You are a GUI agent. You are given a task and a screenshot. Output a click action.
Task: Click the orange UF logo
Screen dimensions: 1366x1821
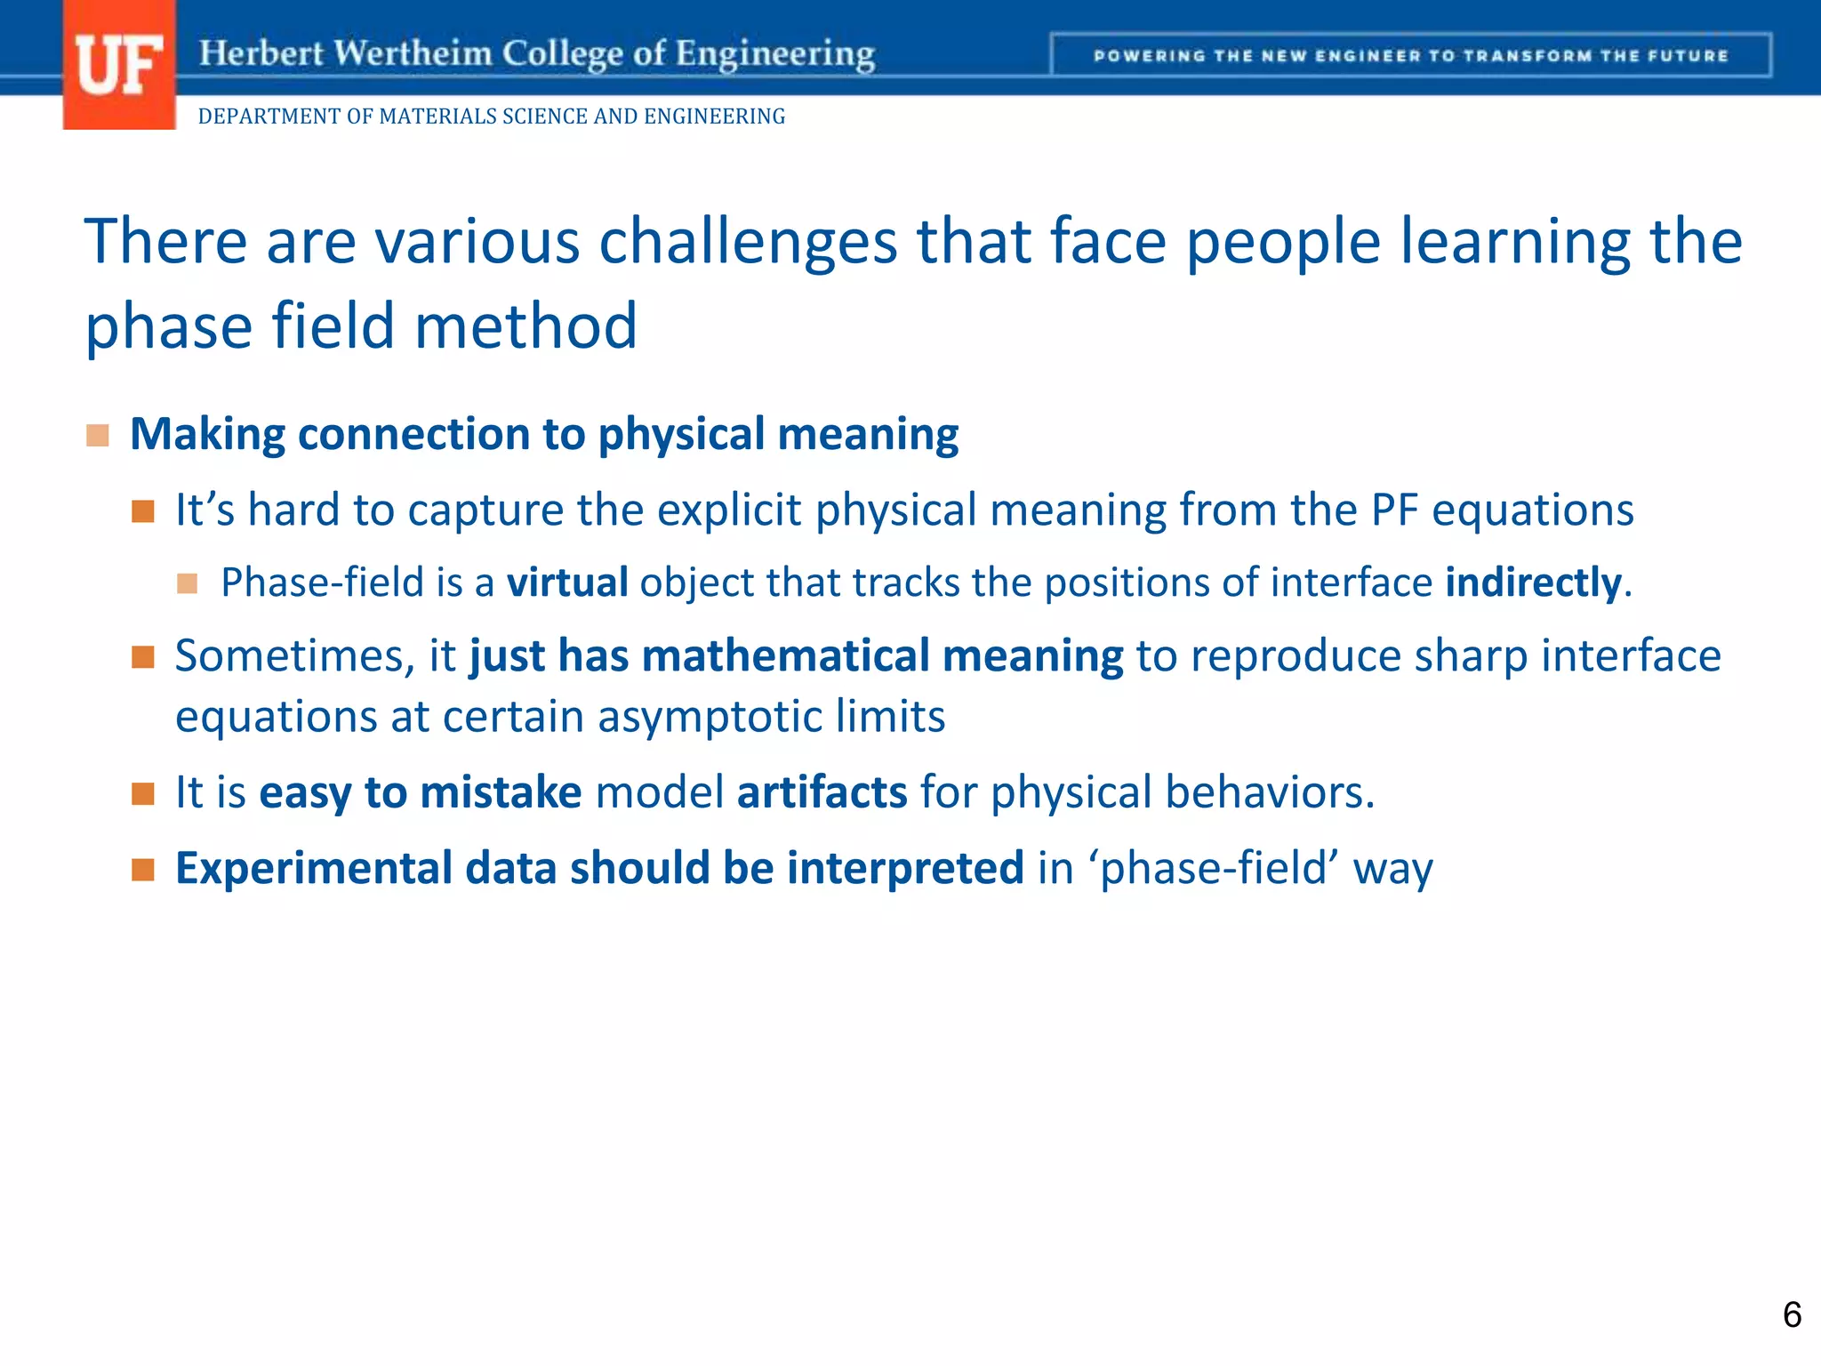(119, 66)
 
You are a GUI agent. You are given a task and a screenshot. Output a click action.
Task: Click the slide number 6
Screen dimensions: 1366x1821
(1792, 1314)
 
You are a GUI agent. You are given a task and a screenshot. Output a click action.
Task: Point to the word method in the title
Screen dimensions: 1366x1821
(525, 326)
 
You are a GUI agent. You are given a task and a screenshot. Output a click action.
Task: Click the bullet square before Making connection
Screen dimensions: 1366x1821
(98, 436)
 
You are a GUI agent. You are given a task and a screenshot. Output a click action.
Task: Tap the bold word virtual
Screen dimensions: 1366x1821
(567, 583)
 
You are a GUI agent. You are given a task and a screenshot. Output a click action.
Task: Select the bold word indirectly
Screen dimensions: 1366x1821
(1533, 583)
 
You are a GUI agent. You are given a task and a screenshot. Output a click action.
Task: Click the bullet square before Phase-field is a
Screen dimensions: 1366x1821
(187, 584)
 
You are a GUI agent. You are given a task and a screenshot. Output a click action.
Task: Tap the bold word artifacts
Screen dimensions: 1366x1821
(822, 792)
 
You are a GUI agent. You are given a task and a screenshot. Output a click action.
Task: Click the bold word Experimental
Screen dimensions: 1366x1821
(314, 869)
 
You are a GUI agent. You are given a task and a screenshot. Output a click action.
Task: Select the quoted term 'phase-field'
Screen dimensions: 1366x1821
(1214, 869)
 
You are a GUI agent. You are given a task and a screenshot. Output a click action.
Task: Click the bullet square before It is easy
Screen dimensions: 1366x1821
(143, 793)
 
